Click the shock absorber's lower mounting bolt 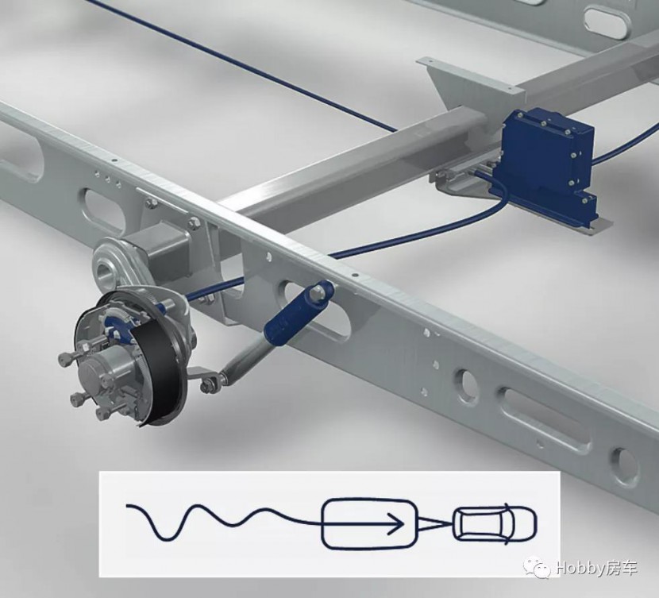click(x=211, y=386)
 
